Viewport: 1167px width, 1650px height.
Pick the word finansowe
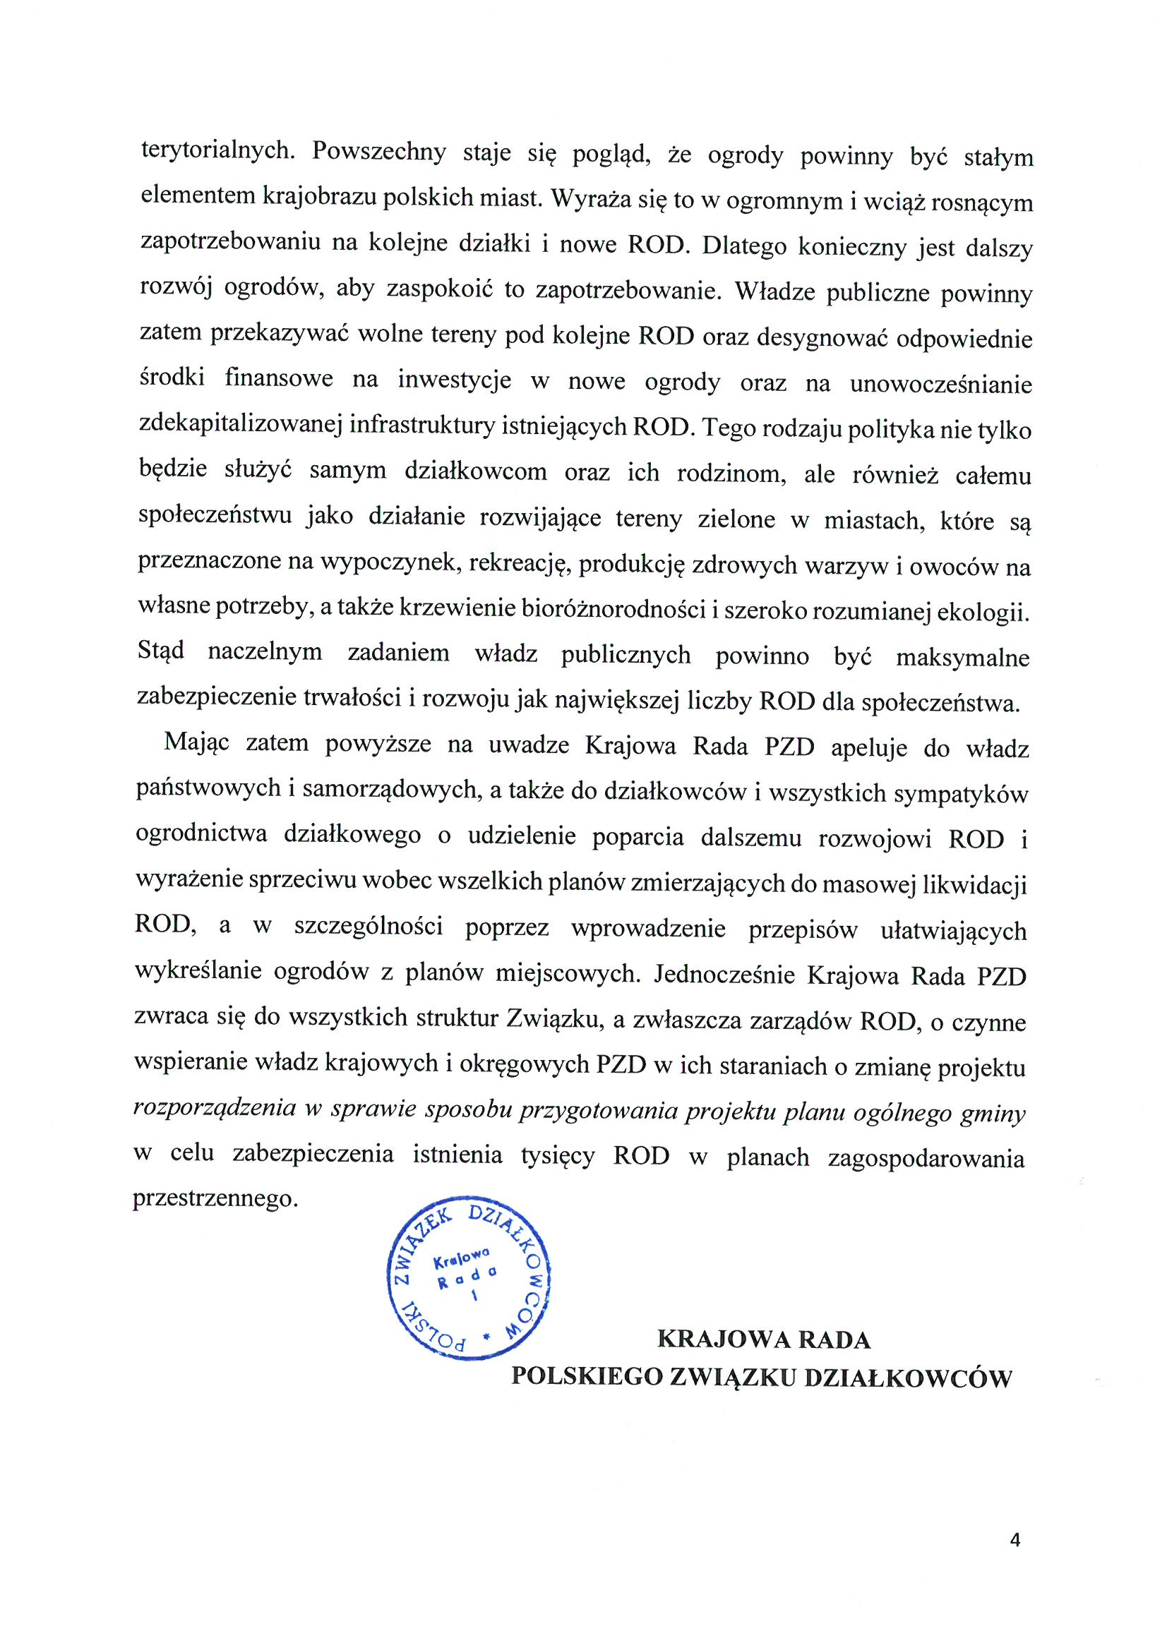pyautogui.click(x=279, y=378)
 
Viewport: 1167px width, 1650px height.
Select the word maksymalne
pyautogui.click(x=962, y=658)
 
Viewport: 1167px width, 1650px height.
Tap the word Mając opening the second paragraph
pyautogui.click(x=196, y=742)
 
